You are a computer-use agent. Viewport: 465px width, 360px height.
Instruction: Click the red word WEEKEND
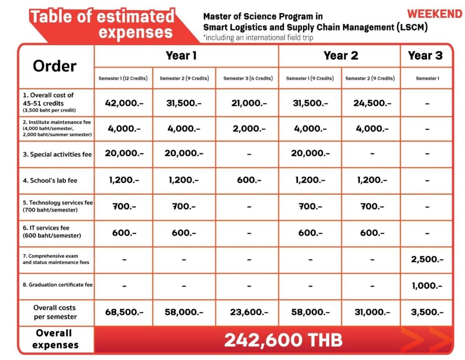[434, 14]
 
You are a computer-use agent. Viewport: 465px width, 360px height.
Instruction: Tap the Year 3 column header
[425, 56]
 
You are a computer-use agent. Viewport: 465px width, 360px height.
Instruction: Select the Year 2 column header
[341, 56]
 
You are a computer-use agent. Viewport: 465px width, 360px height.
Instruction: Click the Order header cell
[54, 66]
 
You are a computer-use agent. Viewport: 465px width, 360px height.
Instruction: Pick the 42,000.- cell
[124, 103]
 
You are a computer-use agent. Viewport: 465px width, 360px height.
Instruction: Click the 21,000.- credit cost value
[248, 103]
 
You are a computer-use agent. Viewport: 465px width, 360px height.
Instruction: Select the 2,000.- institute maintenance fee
[248, 129]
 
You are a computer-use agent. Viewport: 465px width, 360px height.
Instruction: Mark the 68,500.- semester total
[124, 312]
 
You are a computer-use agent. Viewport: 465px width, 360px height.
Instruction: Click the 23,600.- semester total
[248, 312]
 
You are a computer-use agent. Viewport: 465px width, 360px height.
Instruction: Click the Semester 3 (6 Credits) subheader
[248, 79]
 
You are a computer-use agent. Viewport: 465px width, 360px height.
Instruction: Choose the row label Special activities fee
[57, 154]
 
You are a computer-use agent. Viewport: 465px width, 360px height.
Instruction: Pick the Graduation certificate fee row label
[58, 285]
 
